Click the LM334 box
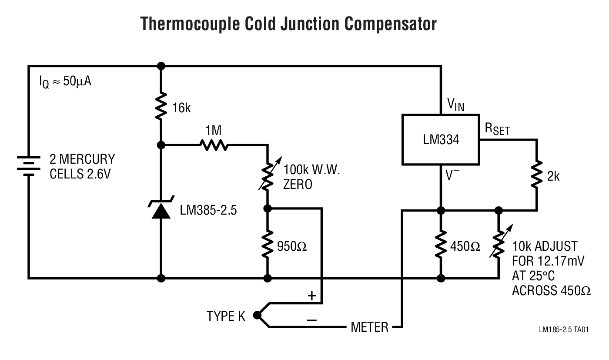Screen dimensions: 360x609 [x=440, y=140]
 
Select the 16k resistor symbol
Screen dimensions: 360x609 [x=161, y=105]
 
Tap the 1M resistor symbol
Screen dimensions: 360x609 [x=213, y=145]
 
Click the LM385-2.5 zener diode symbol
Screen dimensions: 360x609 [x=161, y=210]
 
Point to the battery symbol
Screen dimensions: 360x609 [x=28, y=166]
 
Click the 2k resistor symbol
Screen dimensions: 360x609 [x=537, y=175]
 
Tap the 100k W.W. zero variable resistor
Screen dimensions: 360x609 [x=268, y=175]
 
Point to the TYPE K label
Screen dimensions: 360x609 [x=226, y=316]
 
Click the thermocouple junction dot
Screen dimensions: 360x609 [x=257, y=315]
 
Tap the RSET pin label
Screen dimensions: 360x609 [x=496, y=129]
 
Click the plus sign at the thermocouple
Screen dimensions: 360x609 [x=311, y=296]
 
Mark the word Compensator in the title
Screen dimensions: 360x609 [x=390, y=24]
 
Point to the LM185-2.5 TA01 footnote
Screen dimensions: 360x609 [x=564, y=330]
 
